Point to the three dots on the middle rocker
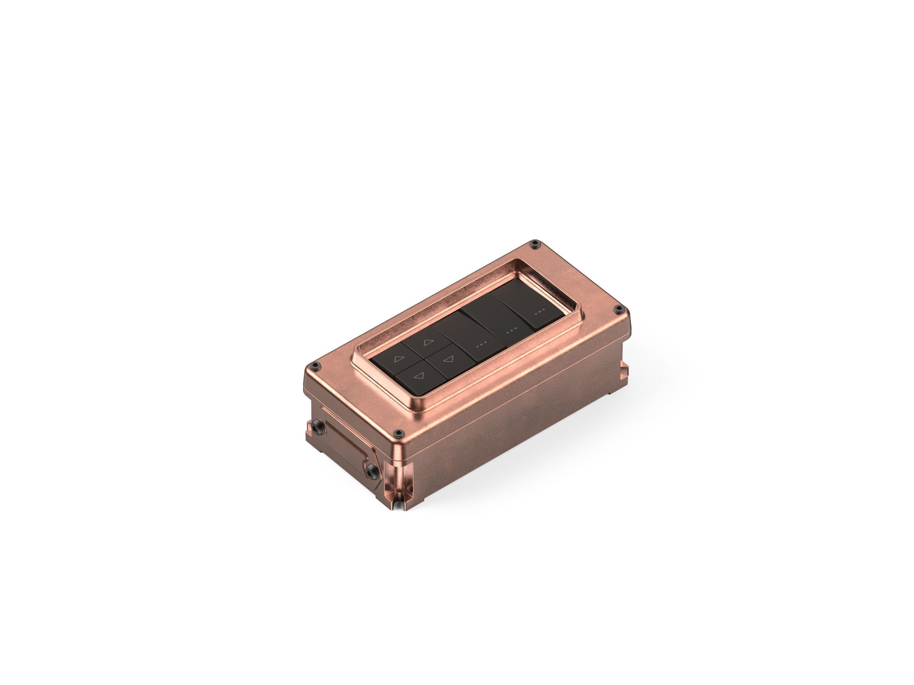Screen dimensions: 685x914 click(x=512, y=330)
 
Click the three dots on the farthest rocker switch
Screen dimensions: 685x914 click(x=539, y=312)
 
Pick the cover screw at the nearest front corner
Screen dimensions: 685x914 click(x=398, y=433)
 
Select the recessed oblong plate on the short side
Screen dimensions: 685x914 click(x=345, y=446)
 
